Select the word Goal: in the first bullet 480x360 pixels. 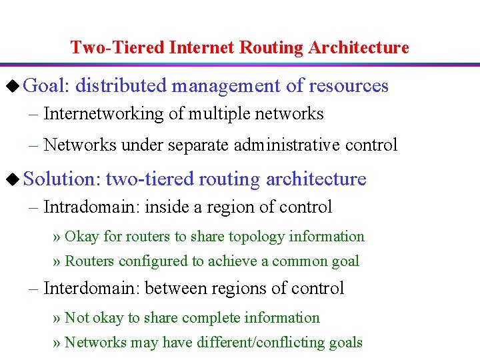coord(47,86)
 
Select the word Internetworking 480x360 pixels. coord(103,114)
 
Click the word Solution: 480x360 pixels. coord(61,179)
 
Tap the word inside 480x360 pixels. coord(167,207)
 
